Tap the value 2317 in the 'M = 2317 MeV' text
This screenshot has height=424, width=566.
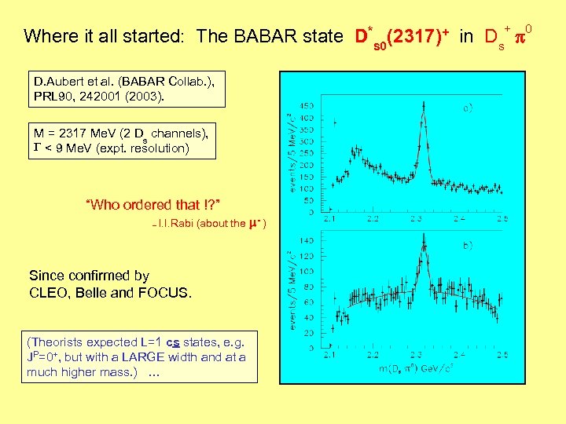(74, 132)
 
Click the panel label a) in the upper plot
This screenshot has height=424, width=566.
(467, 108)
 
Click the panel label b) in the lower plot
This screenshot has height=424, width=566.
(467, 245)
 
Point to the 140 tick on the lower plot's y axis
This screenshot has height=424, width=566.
(306, 240)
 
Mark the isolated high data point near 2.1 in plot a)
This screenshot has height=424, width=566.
(336, 122)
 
